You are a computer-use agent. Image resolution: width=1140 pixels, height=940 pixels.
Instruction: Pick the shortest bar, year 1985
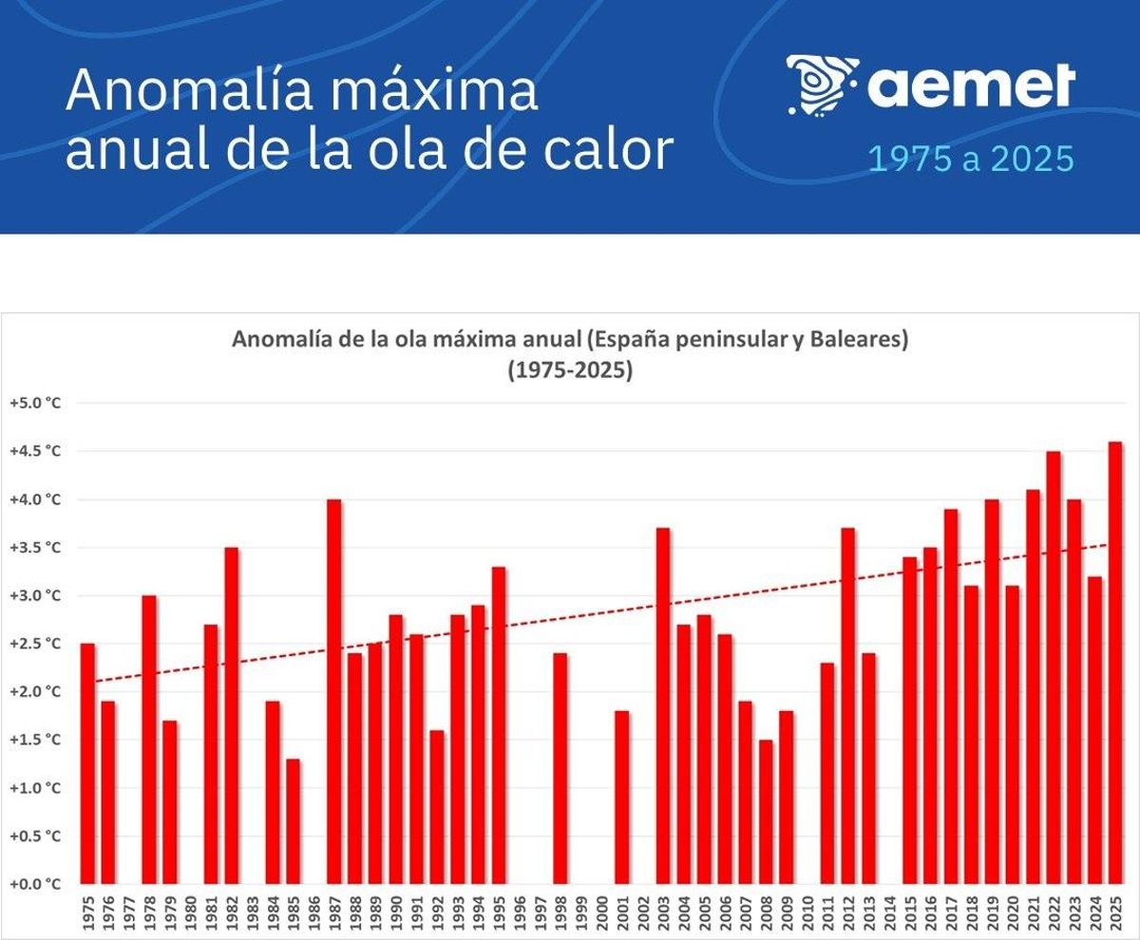(293, 821)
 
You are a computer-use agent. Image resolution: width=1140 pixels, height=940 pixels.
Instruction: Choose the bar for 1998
(560, 768)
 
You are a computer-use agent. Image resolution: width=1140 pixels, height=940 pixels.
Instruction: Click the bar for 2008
(766, 812)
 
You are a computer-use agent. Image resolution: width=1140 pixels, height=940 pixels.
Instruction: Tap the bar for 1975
(87, 763)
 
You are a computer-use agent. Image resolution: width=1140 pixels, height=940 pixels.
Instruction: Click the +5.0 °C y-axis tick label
(35, 403)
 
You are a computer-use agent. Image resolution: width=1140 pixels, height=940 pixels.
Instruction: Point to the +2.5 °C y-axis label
(35, 644)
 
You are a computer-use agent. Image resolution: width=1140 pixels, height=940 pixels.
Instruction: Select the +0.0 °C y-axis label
(35, 884)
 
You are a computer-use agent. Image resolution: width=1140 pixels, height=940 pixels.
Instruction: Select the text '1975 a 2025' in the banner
(971, 160)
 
